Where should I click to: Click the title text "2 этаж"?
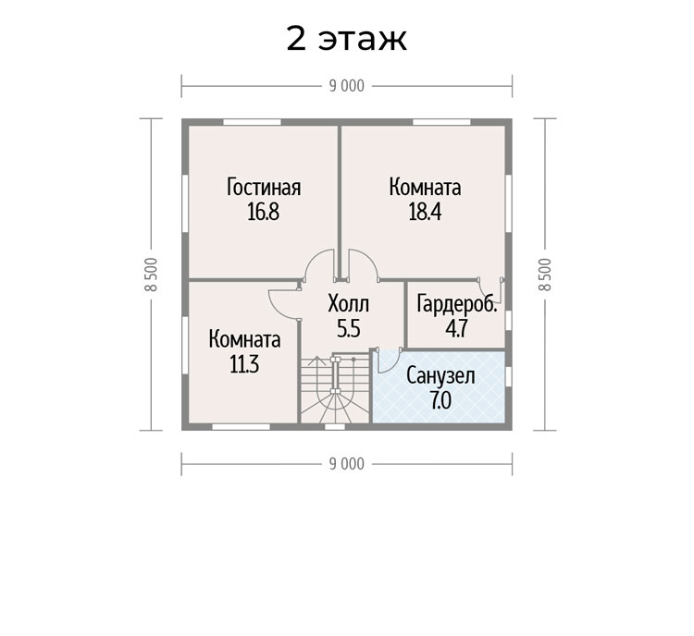tap(347, 39)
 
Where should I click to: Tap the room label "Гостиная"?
tap(264, 187)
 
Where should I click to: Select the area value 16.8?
tap(264, 212)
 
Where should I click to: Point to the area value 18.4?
tap(425, 212)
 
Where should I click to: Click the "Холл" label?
tap(348, 304)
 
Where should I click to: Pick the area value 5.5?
tap(349, 328)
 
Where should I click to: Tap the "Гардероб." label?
tap(457, 304)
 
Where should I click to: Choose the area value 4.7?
tap(456, 328)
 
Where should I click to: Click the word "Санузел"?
tap(440, 376)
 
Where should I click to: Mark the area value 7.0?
tap(440, 400)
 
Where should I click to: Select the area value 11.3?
tap(244, 365)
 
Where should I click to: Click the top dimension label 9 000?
tap(347, 86)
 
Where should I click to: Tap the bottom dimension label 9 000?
tap(347, 464)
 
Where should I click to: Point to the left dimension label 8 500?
tap(151, 275)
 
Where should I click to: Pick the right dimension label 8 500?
tap(545, 275)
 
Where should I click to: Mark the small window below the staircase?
tap(335, 427)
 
